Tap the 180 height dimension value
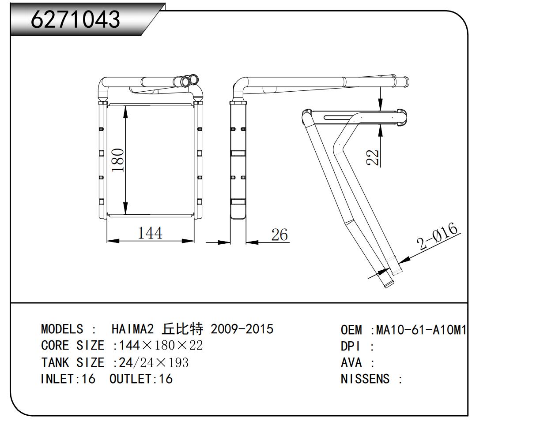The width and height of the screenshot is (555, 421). point(117,160)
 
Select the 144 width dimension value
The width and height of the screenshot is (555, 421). point(150,233)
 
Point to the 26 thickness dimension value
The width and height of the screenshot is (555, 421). point(279,235)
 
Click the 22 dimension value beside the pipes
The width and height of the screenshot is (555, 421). point(374,157)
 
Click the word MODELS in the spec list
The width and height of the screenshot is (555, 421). point(62,329)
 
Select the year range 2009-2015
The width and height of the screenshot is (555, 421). point(242,329)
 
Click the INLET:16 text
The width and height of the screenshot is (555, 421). point(68,379)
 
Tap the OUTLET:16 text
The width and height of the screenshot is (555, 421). point(141,379)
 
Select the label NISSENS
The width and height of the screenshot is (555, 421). point(365,379)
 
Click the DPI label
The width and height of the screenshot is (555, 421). point(351,346)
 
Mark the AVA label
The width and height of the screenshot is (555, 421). point(351,362)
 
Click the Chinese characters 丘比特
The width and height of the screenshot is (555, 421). point(182,329)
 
